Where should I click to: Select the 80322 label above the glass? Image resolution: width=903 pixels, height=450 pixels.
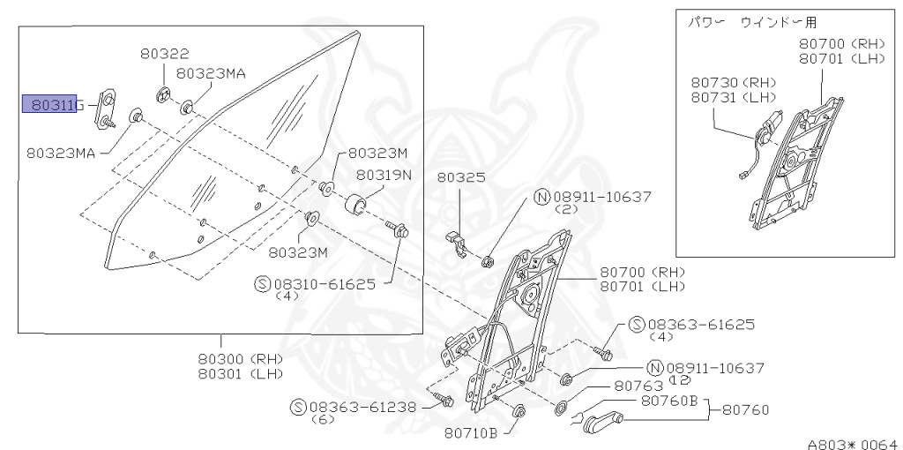pos(164,55)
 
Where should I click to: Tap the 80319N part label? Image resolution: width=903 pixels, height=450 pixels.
pos(384,175)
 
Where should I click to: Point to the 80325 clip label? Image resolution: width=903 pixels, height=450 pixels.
pos(462,177)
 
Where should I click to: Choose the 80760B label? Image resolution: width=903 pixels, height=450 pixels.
pos(669,401)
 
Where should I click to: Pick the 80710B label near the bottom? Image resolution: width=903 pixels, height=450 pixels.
pos(472,432)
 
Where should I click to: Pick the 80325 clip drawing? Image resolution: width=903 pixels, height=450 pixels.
pos(454,242)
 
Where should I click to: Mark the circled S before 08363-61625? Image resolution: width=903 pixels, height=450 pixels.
pos(638,326)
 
